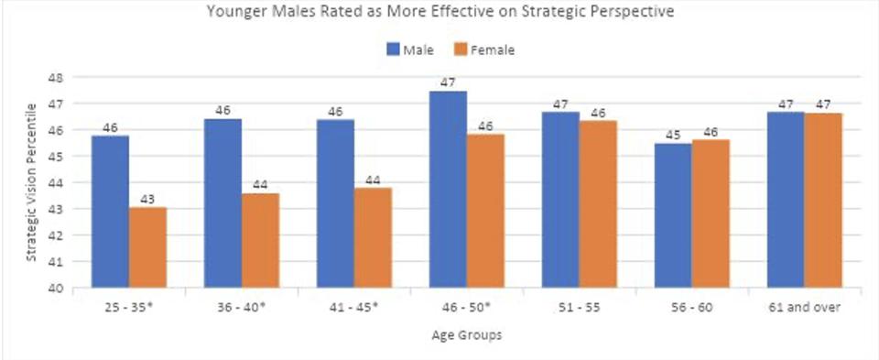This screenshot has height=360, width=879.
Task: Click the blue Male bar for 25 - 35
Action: pyautogui.click(x=111, y=212)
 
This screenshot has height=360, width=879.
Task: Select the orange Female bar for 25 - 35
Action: pyautogui.click(x=148, y=247)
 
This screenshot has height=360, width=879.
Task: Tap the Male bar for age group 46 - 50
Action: pyautogui.click(x=448, y=190)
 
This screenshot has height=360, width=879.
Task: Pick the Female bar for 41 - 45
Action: pyautogui.click(x=373, y=238)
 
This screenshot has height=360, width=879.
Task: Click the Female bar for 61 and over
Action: pyautogui.click(x=823, y=201)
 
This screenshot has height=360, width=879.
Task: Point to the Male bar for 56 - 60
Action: pyautogui.click(x=673, y=216)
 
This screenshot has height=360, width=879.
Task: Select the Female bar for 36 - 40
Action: pyautogui.click(x=260, y=241)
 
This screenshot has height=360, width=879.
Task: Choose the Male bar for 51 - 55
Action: pyautogui.click(x=560, y=200)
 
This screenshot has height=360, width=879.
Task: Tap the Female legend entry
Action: pyautogui.click(x=485, y=49)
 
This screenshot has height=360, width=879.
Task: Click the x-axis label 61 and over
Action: pyautogui.click(x=805, y=308)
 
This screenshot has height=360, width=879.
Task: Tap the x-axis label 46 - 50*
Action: pyautogui.click(x=466, y=308)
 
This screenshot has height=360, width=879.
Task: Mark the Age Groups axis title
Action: pyautogui.click(x=466, y=335)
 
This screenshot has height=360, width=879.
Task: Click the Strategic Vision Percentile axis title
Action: pyautogui.click(x=32, y=182)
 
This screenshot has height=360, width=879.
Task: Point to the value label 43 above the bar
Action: pyautogui.click(x=148, y=199)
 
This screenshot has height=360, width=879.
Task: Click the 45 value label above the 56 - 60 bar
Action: pyautogui.click(x=673, y=136)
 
